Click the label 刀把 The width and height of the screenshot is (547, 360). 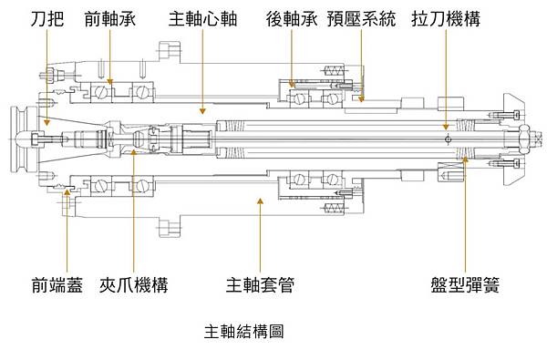click(47, 18)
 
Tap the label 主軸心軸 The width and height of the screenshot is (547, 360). click(202, 18)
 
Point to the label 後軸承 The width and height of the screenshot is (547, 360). click(291, 18)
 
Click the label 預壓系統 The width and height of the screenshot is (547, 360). click(362, 18)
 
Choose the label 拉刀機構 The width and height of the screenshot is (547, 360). click(446, 18)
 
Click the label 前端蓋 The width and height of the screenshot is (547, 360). click(57, 285)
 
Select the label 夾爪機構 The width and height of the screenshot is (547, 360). click(134, 285)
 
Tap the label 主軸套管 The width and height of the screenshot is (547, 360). click(260, 285)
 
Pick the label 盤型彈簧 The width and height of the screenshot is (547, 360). click(465, 285)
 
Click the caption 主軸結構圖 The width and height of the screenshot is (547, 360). click(243, 332)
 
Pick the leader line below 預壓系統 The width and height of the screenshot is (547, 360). click(362, 64)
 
